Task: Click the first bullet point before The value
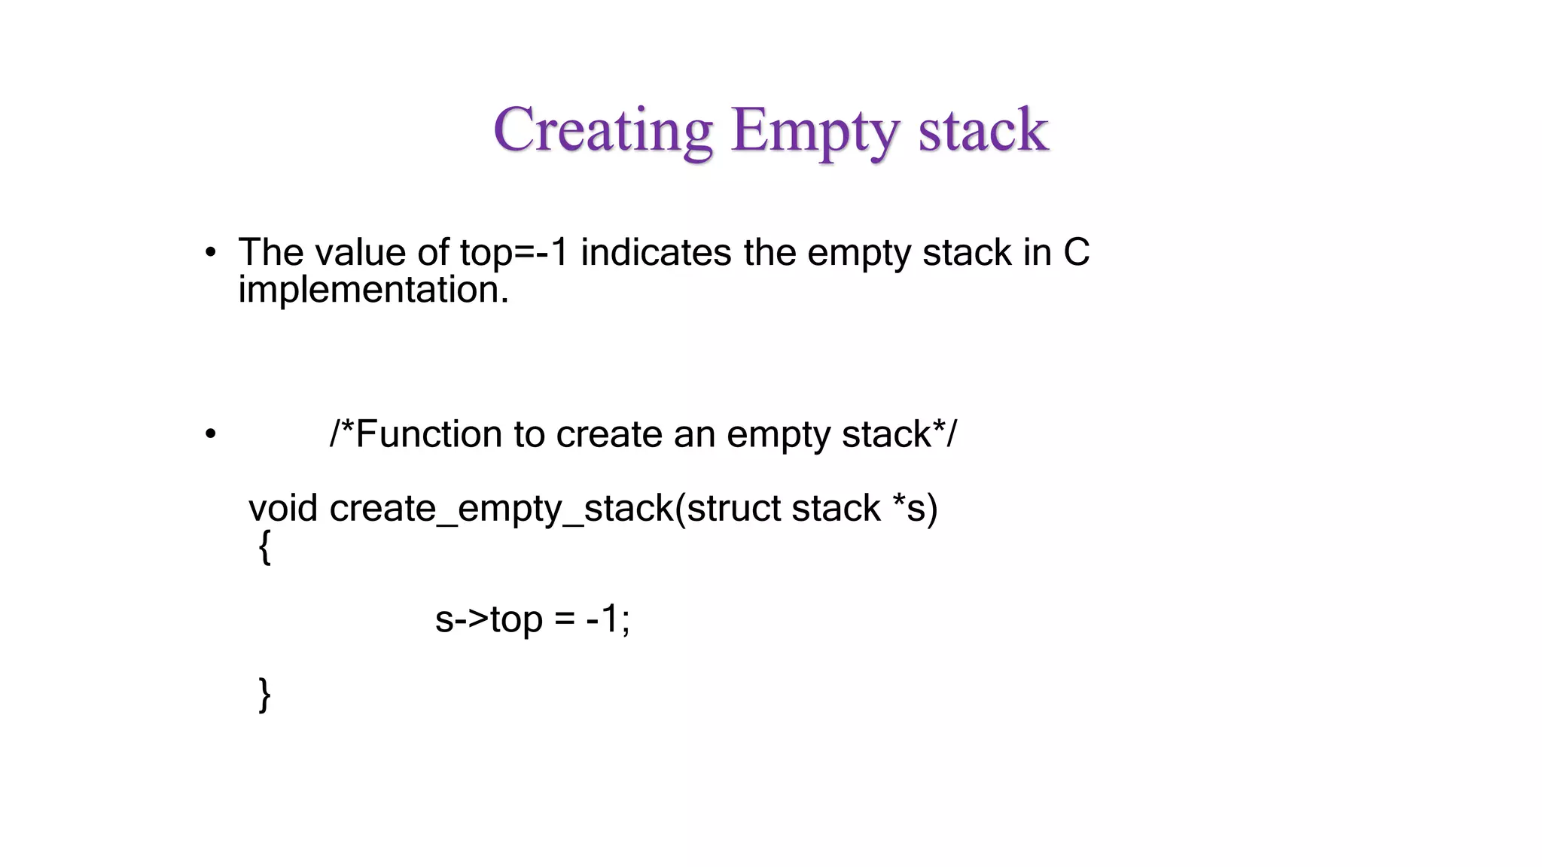point(211,252)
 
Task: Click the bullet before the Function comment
point(211,434)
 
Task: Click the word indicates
point(655,252)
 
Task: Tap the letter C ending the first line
point(1076,252)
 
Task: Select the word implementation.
point(373,290)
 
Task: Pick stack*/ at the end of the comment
point(899,434)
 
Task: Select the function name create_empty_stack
point(501,510)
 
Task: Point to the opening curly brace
point(264,547)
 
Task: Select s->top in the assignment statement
point(489,619)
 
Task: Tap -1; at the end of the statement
point(608,619)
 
